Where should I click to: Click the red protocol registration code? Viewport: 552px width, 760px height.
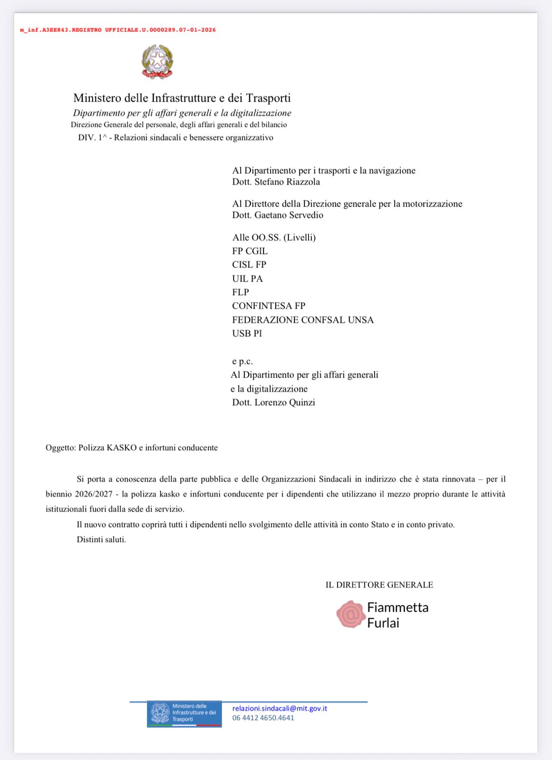tap(117, 30)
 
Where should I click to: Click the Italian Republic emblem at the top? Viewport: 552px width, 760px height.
tap(157, 61)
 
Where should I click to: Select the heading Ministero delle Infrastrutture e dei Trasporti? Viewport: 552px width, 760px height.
tap(182, 98)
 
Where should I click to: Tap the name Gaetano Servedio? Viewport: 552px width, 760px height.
tap(289, 215)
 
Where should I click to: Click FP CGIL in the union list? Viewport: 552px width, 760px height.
tap(250, 251)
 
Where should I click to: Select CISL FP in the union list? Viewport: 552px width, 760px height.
tap(249, 265)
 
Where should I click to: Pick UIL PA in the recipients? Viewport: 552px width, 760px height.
tap(247, 278)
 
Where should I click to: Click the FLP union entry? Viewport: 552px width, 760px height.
tap(241, 292)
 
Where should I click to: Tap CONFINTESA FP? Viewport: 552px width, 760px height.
tap(269, 306)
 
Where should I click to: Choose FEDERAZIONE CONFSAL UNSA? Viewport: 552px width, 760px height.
tap(303, 320)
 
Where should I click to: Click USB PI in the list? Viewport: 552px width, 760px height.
tap(247, 333)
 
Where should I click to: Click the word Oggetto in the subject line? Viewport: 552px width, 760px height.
tap(60, 447)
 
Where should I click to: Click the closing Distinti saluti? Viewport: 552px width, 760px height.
tap(101, 540)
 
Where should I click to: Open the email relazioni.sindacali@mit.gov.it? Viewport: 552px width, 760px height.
tap(280, 708)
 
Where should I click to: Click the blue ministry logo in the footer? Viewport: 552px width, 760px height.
tap(184, 713)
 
